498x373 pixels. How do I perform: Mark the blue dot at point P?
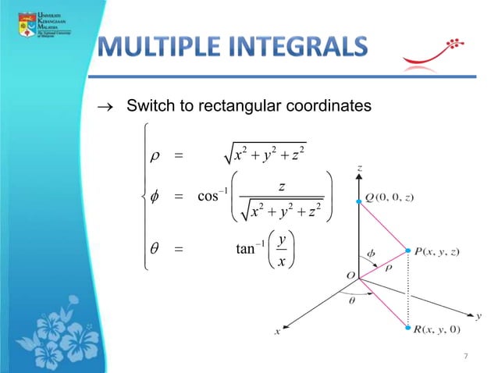pyautogui.click(x=407, y=250)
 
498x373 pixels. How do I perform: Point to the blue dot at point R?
pyautogui.click(x=407, y=329)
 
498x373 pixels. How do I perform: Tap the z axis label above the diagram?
pyautogui.click(x=359, y=166)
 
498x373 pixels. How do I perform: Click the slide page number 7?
pyautogui.click(x=465, y=357)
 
